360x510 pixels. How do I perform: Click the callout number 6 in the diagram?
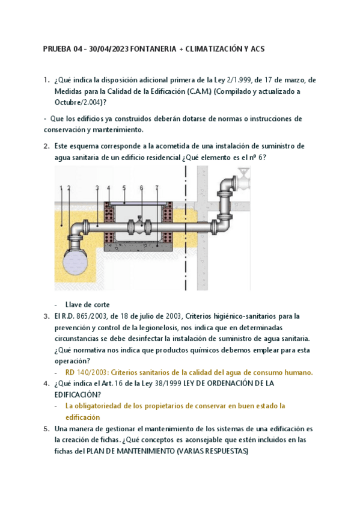pos(141,188)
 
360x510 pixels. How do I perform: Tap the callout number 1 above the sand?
pos(61,188)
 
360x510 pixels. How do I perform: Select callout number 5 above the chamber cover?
pos(124,188)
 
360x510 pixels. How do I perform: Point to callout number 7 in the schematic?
pos(157,188)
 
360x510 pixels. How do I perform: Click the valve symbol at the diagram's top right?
pos(243,179)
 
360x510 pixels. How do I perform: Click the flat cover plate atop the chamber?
pos(139,203)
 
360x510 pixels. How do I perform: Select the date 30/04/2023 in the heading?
pos(109,49)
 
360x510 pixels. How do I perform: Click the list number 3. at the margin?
pos(46,316)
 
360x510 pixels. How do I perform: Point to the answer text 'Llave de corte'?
pos(87,305)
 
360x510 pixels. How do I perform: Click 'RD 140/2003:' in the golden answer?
pos(87,372)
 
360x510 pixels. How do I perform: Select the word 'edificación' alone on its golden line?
pos(82,417)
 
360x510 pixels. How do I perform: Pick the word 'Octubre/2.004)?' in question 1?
pos(81,102)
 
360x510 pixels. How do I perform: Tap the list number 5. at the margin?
pos(46,429)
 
